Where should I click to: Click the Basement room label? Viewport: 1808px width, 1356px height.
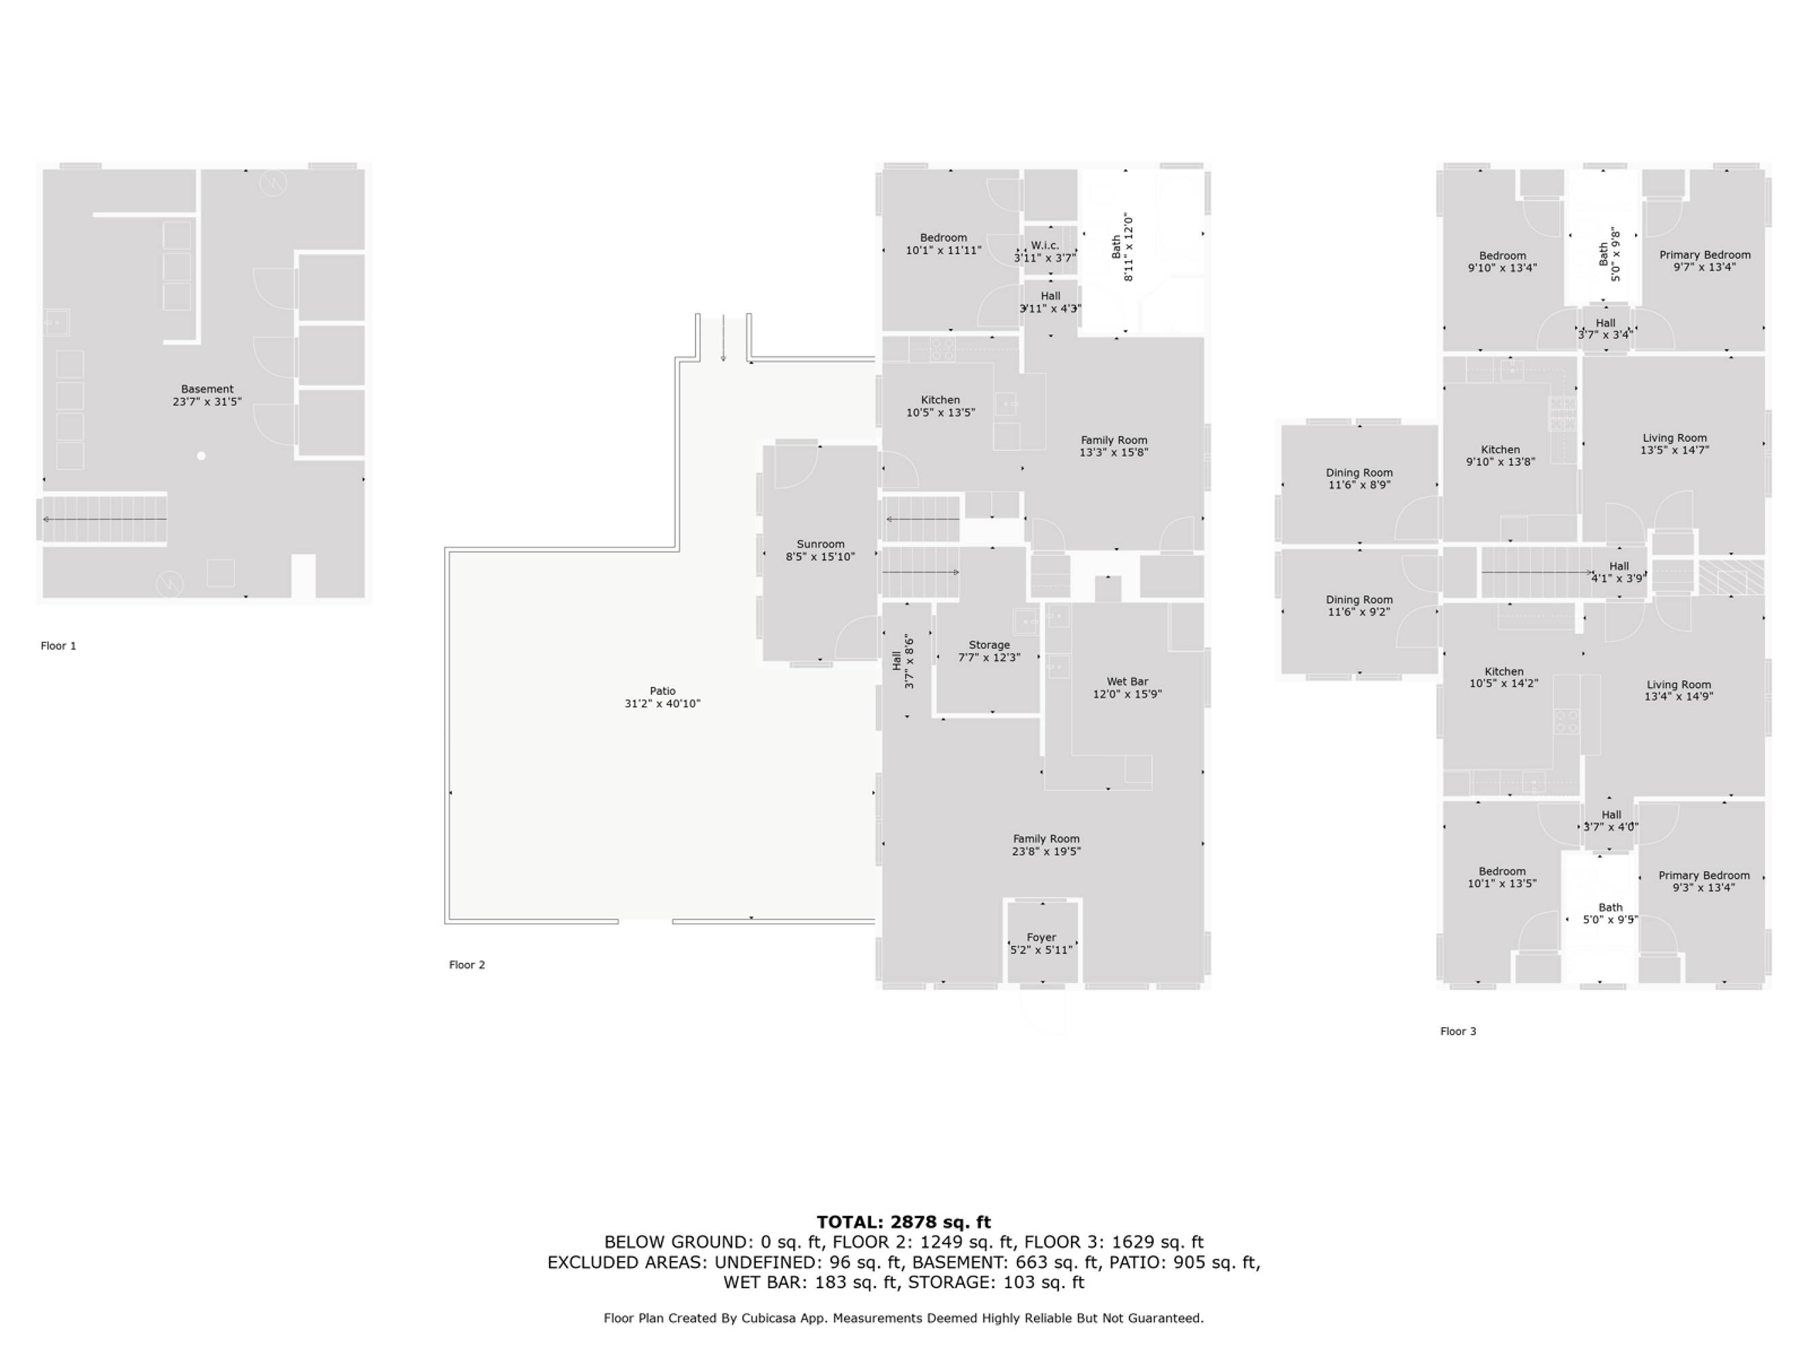click(x=207, y=389)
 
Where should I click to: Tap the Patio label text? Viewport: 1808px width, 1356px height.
click(x=662, y=691)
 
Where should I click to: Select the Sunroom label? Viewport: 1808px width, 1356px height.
click(x=821, y=544)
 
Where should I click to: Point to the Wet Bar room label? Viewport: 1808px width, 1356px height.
click(x=1127, y=681)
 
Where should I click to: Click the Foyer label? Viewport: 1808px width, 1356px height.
click(x=1041, y=938)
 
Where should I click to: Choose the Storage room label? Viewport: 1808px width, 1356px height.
click(x=989, y=645)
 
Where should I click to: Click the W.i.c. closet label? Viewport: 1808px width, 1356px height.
click(x=1045, y=245)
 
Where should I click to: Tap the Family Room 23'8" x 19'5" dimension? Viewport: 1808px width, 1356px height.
click(x=1046, y=851)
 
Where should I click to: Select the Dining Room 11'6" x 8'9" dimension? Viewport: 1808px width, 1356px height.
click(x=1359, y=485)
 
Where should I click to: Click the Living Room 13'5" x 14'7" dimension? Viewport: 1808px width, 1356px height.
click(x=1674, y=450)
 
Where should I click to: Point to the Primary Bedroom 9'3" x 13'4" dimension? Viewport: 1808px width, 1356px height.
click(x=1704, y=888)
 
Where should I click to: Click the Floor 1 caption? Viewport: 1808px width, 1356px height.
click(x=58, y=645)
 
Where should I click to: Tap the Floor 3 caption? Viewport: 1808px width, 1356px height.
click(x=1458, y=1031)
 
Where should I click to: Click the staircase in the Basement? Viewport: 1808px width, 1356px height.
click(x=104, y=519)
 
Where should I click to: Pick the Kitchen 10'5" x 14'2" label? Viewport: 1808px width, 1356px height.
click(x=1504, y=677)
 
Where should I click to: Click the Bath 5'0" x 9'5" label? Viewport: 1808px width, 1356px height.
click(x=1610, y=914)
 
